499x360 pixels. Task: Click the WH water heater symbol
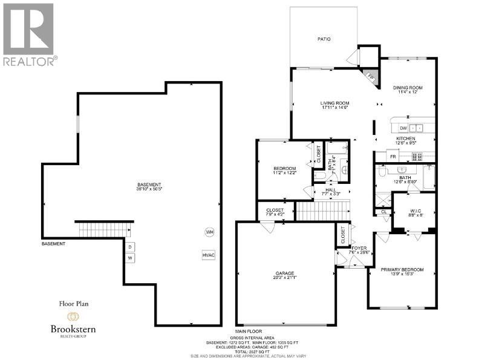(209, 232)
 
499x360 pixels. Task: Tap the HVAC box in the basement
(209, 255)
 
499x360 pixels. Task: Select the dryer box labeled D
(130, 247)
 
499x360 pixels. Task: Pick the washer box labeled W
(130, 258)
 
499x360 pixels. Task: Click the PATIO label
(325, 39)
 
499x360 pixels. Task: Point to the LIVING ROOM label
(335, 103)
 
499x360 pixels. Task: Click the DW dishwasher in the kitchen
(403, 128)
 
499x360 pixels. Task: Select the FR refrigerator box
(393, 157)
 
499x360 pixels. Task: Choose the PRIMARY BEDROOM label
(402, 270)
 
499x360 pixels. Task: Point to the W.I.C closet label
(414, 211)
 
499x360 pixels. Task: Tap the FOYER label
(360, 248)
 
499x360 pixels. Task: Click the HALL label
(330, 190)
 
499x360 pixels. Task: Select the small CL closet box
(383, 212)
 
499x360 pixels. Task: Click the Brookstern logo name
(73, 329)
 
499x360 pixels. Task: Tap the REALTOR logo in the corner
(29, 33)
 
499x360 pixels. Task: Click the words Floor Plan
(73, 304)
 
